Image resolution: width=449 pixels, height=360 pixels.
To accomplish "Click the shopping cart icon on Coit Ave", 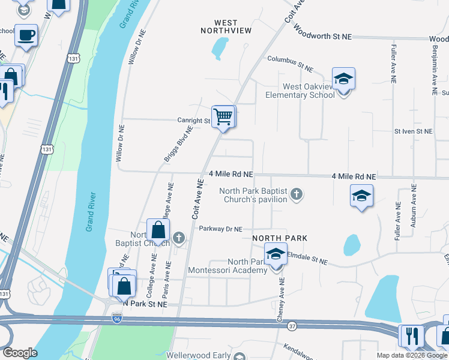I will pyautogui.click(x=223, y=116).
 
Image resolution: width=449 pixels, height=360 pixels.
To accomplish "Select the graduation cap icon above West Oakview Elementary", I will pyautogui.click(x=343, y=79).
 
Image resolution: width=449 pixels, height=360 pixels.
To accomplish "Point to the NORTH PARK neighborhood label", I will pyautogui.click(x=280, y=238).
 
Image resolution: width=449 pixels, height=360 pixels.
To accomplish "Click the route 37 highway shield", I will pyautogui.click(x=292, y=326).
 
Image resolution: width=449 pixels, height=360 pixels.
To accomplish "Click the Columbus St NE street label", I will pyautogui.click(x=291, y=60).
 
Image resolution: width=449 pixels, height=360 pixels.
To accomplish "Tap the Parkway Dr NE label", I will pyautogui.click(x=220, y=229).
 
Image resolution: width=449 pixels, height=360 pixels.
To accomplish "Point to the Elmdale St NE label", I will pyautogui.click(x=307, y=261).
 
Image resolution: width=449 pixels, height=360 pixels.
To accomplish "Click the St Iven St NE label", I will pyautogui.click(x=413, y=131).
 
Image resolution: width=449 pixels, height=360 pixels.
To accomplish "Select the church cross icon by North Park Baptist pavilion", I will pyautogui.click(x=296, y=194).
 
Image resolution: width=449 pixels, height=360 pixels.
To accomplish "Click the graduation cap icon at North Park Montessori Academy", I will pyautogui.click(x=276, y=254).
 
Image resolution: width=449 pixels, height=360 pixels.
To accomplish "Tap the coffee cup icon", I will pyautogui.click(x=26, y=35).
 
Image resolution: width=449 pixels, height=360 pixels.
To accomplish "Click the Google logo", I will pyautogui.click(x=20, y=353).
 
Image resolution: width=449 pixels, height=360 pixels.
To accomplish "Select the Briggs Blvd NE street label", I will pyautogui.click(x=178, y=145).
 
